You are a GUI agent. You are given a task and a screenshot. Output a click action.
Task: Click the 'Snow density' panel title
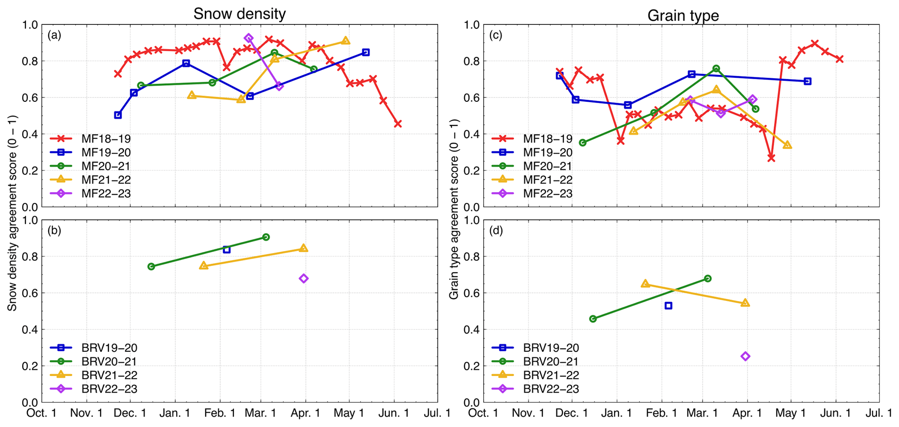[x=240, y=14]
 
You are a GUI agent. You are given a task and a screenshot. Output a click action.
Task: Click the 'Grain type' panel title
[x=683, y=16]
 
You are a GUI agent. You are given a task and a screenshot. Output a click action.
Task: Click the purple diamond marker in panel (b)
[x=304, y=278]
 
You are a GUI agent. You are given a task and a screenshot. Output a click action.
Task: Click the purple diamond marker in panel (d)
[x=745, y=356]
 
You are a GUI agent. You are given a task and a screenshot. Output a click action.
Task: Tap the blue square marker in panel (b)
[x=227, y=250]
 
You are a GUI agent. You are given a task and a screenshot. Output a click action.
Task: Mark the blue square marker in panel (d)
[x=668, y=306]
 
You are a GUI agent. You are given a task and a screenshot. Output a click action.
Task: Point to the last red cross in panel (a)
[x=398, y=124]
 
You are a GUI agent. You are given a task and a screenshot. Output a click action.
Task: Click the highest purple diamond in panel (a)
[x=249, y=38]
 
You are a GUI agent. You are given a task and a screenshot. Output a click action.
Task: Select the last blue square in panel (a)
[x=366, y=52]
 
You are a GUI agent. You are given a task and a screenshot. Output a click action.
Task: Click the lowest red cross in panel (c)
[x=771, y=158]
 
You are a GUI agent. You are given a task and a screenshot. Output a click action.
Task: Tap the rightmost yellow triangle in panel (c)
[x=787, y=145]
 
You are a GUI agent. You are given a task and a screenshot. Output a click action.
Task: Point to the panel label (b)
[x=54, y=230]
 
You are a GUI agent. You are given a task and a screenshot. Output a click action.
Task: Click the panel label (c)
[x=496, y=35]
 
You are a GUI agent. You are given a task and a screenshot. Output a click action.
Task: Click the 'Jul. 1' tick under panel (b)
[x=437, y=413]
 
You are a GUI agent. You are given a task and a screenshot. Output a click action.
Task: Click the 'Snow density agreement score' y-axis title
[x=12, y=213]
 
